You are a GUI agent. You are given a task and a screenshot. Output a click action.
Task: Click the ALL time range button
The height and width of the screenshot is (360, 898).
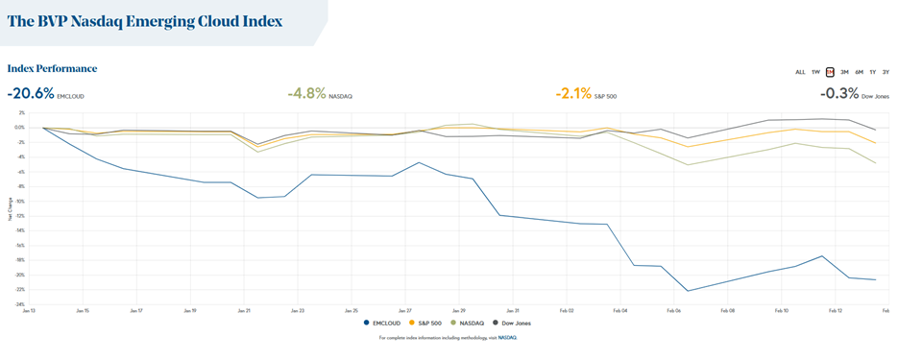(x=800, y=72)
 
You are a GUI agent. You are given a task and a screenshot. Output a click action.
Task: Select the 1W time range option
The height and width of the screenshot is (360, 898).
(x=815, y=72)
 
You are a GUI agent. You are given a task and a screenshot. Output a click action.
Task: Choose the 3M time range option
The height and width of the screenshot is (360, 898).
(x=844, y=72)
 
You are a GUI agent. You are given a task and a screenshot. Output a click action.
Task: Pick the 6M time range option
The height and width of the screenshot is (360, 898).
(x=859, y=72)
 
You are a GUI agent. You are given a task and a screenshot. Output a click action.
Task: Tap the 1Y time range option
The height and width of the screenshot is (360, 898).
(x=872, y=72)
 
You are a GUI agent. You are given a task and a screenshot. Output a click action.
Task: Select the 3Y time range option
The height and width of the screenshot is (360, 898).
(x=886, y=72)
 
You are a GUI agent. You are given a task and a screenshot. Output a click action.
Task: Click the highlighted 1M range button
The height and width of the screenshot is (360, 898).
(x=830, y=72)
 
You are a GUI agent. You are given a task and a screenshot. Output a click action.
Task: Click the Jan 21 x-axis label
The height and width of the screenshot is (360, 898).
(x=243, y=311)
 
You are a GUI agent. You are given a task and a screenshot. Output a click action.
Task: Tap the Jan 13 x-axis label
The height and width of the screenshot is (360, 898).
(x=28, y=311)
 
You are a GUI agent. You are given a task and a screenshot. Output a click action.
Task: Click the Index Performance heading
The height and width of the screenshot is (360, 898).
(x=52, y=69)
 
